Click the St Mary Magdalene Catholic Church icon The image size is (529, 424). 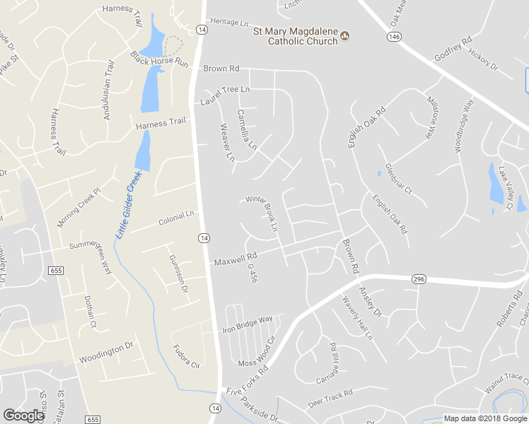click(345, 35)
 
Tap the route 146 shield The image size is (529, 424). click(394, 37)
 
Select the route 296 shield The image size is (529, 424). click(419, 280)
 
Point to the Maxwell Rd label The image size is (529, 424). click(235, 260)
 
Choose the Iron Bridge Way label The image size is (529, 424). click(248, 324)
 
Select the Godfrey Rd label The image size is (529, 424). click(453, 49)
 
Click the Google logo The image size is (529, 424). click(23, 416)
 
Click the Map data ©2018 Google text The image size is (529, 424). click(486, 418)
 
